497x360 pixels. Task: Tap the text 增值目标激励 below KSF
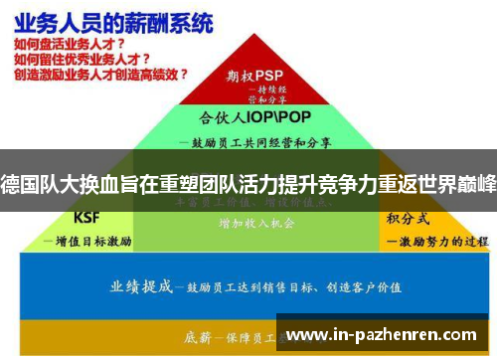click(90, 240)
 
